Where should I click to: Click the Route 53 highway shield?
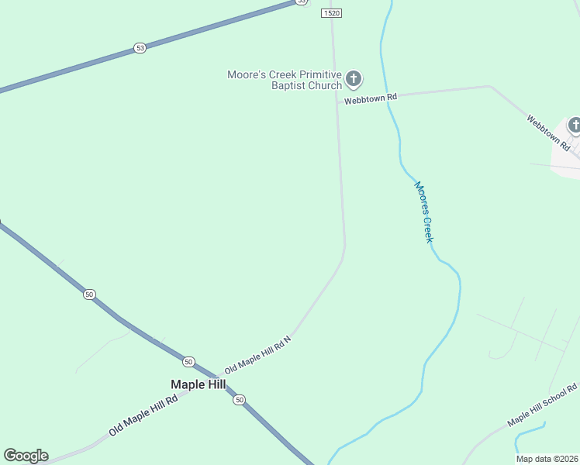(x=140, y=48)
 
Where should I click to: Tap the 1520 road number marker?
(x=331, y=13)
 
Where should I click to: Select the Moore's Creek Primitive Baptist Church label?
(x=284, y=80)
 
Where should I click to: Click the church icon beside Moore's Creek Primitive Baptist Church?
(x=354, y=77)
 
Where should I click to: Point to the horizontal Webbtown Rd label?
(x=371, y=99)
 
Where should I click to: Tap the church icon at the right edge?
(x=575, y=125)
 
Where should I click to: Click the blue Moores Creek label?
(x=423, y=212)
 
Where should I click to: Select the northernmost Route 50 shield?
(x=90, y=294)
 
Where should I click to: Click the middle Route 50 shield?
(x=188, y=362)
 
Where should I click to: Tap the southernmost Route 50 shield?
(x=240, y=399)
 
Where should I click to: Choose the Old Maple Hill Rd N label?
(x=257, y=356)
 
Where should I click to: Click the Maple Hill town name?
(x=198, y=384)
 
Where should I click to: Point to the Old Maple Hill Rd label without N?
(x=143, y=415)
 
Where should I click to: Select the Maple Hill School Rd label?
(x=543, y=405)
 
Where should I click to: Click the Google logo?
(x=26, y=456)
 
